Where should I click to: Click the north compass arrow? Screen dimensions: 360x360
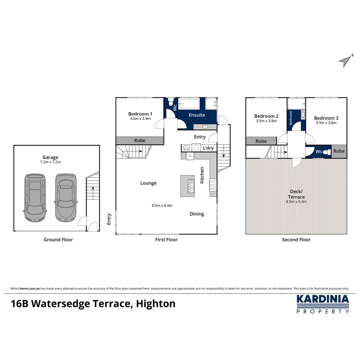pyautogui.click(x=346, y=60)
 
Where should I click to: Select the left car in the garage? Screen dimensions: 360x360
pyautogui.click(x=34, y=197)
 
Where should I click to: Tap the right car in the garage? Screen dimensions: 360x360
pyautogui.click(x=66, y=197)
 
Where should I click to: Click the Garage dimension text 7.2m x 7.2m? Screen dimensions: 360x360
pyautogui.click(x=50, y=162)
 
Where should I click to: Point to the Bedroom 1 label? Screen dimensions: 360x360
pyautogui.click(x=140, y=114)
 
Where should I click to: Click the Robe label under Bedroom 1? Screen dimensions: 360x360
pyautogui.click(x=140, y=141)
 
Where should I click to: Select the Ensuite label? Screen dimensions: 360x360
pyautogui.click(x=197, y=115)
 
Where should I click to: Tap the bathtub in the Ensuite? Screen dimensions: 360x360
pyautogui.click(x=189, y=104)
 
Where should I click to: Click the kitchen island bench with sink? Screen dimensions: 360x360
pyautogui.click(x=187, y=186)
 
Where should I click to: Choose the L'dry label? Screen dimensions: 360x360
pyautogui.click(x=208, y=148)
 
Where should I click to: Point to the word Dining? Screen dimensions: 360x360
pyautogui.click(x=197, y=214)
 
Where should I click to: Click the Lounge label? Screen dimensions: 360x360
pyautogui.click(x=148, y=183)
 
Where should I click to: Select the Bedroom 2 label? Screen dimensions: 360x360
pyautogui.click(x=266, y=116)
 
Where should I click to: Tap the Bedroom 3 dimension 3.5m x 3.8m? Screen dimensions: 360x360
pyautogui.click(x=326, y=123)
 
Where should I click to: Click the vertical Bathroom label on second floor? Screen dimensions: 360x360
pyautogui.click(x=291, y=118)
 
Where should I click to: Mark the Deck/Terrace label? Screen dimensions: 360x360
pyautogui.click(x=296, y=194)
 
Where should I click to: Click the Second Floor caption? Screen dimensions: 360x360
pyautogui.click(x=296, y=240)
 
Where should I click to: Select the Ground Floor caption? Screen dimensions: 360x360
pyautogui.click(x=58, y=240)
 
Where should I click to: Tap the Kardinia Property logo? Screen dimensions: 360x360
pyautogui.click(x=323, y=304)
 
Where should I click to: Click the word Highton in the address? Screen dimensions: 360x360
pyautogui.click(x=156, y=304)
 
